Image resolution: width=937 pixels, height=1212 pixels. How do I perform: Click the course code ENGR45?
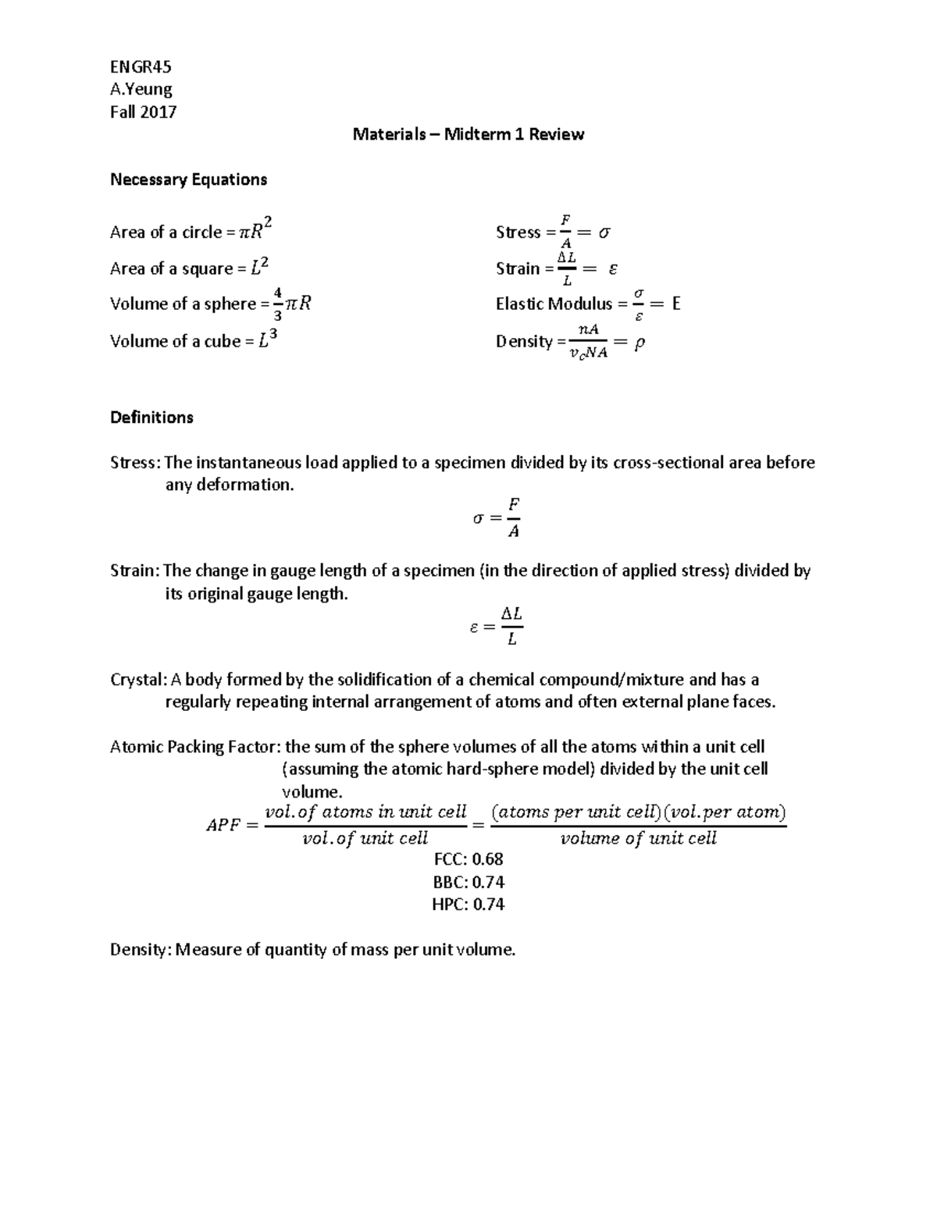141,66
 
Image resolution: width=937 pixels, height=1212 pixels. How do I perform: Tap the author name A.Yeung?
141,89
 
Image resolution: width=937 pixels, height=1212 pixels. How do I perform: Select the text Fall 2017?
143,112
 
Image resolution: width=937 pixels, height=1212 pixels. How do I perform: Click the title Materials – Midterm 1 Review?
468,134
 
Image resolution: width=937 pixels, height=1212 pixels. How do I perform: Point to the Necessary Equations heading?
188,179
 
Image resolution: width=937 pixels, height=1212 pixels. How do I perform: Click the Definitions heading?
151,418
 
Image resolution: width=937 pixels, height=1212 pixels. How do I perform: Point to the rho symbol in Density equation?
640,342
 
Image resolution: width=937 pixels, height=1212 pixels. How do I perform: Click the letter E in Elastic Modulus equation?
676,304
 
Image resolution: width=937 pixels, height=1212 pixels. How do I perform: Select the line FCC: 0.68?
468,859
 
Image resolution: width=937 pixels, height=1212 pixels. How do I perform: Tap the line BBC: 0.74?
468,882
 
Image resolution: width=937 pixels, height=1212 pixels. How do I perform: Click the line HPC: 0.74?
468,905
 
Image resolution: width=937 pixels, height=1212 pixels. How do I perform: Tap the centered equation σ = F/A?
497,517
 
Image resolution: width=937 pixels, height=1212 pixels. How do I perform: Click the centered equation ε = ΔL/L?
496,626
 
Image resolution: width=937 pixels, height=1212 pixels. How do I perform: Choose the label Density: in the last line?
141,950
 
